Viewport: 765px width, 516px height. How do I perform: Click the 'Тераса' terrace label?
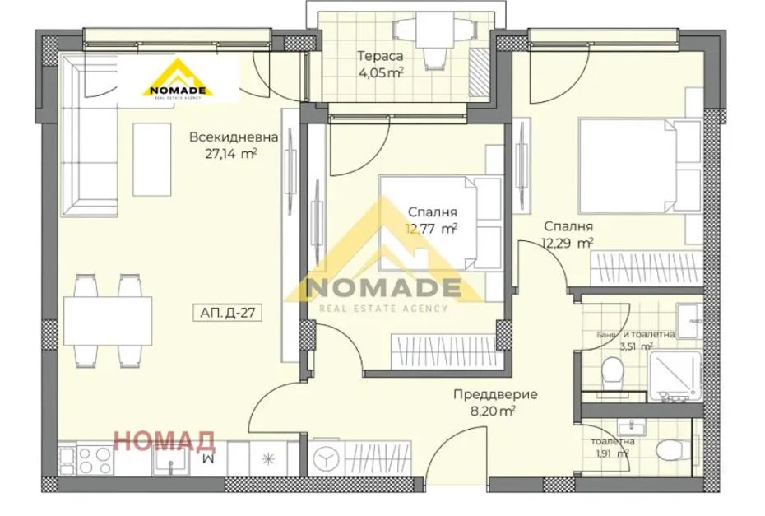381,56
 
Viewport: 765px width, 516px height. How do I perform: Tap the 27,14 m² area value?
231,154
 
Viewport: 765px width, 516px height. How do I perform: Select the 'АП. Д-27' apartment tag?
228,313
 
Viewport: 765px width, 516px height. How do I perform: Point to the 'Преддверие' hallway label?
495,394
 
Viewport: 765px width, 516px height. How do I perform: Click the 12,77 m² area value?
431,229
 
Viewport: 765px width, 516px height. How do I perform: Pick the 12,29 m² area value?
568,243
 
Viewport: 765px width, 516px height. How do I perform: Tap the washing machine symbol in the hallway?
326,458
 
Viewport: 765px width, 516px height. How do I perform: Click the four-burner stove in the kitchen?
95,460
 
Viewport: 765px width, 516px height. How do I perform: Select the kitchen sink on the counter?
170,460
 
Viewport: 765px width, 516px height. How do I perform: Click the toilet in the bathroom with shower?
613,374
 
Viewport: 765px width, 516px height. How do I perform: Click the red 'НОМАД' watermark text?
164,441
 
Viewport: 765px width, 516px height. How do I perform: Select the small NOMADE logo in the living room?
178,79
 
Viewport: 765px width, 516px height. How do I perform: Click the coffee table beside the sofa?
151,159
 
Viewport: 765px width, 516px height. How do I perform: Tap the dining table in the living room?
108,321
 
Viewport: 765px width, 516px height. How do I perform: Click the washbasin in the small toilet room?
631,428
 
